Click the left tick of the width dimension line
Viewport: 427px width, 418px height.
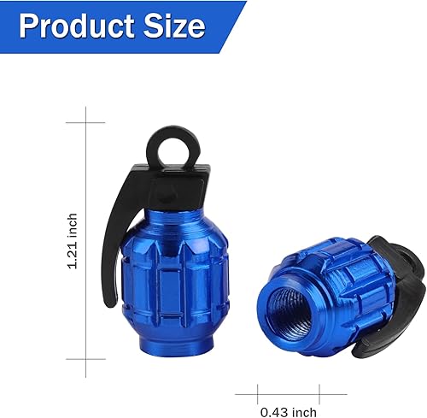coord(260,394)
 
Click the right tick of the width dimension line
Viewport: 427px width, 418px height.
coord(321,394)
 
